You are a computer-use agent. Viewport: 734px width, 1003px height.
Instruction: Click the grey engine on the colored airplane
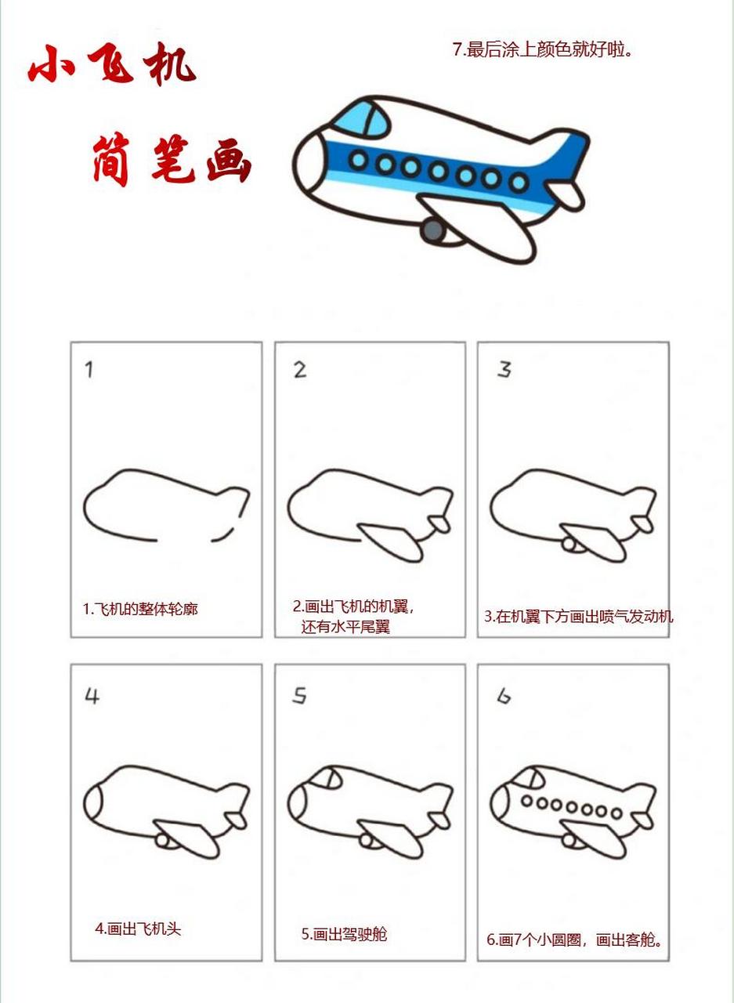pyautogui.click(x=432, y=230)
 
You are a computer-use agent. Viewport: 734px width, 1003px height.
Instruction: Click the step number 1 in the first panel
pyautogui.click(x=89, y=370)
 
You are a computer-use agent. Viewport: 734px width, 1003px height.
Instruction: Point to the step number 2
pyautogui.click(x=300, y=371)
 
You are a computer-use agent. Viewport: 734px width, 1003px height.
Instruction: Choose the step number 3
pyautogui.click(x=504, y=369)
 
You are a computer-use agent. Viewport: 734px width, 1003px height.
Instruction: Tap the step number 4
pyautogui.click(x=92, y=696)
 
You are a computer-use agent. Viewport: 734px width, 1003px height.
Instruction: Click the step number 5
pyautogui.click(x=299, y=696)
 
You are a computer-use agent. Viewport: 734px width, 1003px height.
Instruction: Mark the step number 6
pyautogui.click(x=504, y=696)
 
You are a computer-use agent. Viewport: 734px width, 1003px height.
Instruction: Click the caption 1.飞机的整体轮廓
pyautogui.click(x=140, y=609)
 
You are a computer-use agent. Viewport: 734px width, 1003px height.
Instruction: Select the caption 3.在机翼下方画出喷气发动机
pyautogui.click(x=578, y=616)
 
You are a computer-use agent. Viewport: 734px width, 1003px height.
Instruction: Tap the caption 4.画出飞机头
pyautogui.click(x=138, y=929)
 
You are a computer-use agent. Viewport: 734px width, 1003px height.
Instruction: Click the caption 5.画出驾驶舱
pyautogui.click(x=344, y=934)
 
